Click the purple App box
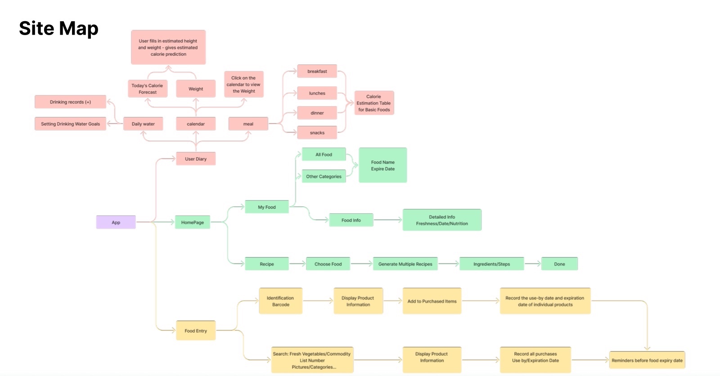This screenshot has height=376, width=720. coord(116,222)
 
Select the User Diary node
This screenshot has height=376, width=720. coord(196,159)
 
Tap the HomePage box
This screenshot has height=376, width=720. coord(193,222)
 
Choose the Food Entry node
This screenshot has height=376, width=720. coord(196,331)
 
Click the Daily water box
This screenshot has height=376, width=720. coord(143,124)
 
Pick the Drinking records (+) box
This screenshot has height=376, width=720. coord(70,102)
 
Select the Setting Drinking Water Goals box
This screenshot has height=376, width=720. coord(70,124)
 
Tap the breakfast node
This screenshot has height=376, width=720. coord(317,71)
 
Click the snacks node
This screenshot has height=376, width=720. coord(317,132)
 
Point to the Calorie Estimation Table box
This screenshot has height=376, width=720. coord(374,103)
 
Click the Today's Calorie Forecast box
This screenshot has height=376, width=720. coord(148,89)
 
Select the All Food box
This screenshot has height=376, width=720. coord(324,154)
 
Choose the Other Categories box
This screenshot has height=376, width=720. coord(324,176)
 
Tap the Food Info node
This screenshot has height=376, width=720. coord(351,220)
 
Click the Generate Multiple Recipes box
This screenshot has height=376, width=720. coord(405,264)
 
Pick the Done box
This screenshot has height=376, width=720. coord(559,264)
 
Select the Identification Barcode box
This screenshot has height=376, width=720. coord(281,301)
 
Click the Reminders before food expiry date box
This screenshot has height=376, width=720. coord(647,360)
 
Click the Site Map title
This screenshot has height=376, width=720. coord(58,28)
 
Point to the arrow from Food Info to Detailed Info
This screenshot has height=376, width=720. coord(388,220)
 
